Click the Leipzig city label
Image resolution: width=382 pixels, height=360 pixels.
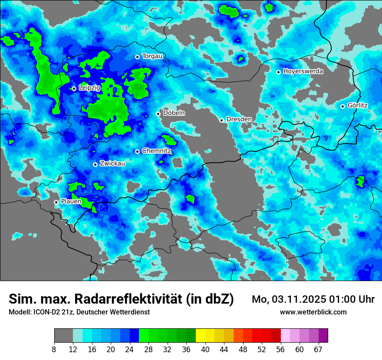[89, 88]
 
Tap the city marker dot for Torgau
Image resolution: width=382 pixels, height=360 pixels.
[137, 57]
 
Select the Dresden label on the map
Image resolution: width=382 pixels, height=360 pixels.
[239, 119]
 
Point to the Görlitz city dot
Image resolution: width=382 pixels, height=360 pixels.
[342, 106]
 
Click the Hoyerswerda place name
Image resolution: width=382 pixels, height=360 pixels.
[303, 72]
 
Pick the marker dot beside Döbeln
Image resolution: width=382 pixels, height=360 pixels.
[158, 114]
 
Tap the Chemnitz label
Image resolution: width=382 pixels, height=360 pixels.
[157, 151]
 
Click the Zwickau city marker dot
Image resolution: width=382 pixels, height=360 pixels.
[95, 164]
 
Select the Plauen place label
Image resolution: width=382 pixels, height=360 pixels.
[71, 201]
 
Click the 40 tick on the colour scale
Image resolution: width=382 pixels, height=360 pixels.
[205, 350]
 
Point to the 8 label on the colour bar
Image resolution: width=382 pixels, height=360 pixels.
[54, 350]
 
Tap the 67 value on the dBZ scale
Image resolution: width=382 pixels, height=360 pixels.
[318, 350]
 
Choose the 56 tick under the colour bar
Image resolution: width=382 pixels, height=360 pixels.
[281, 350]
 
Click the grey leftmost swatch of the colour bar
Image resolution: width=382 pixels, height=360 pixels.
[63, 336]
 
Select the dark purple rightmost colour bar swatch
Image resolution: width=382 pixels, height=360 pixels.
[323, 336]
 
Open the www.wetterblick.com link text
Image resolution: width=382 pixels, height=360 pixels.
[313, 312]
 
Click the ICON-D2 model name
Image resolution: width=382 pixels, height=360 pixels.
[45, 312]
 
